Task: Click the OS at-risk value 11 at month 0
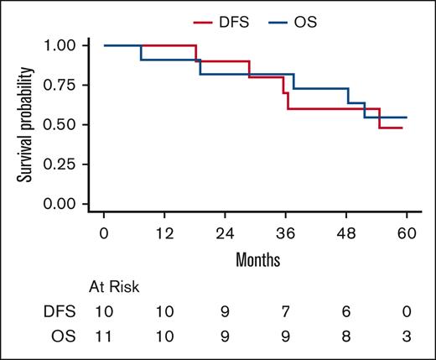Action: coord(104,336)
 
